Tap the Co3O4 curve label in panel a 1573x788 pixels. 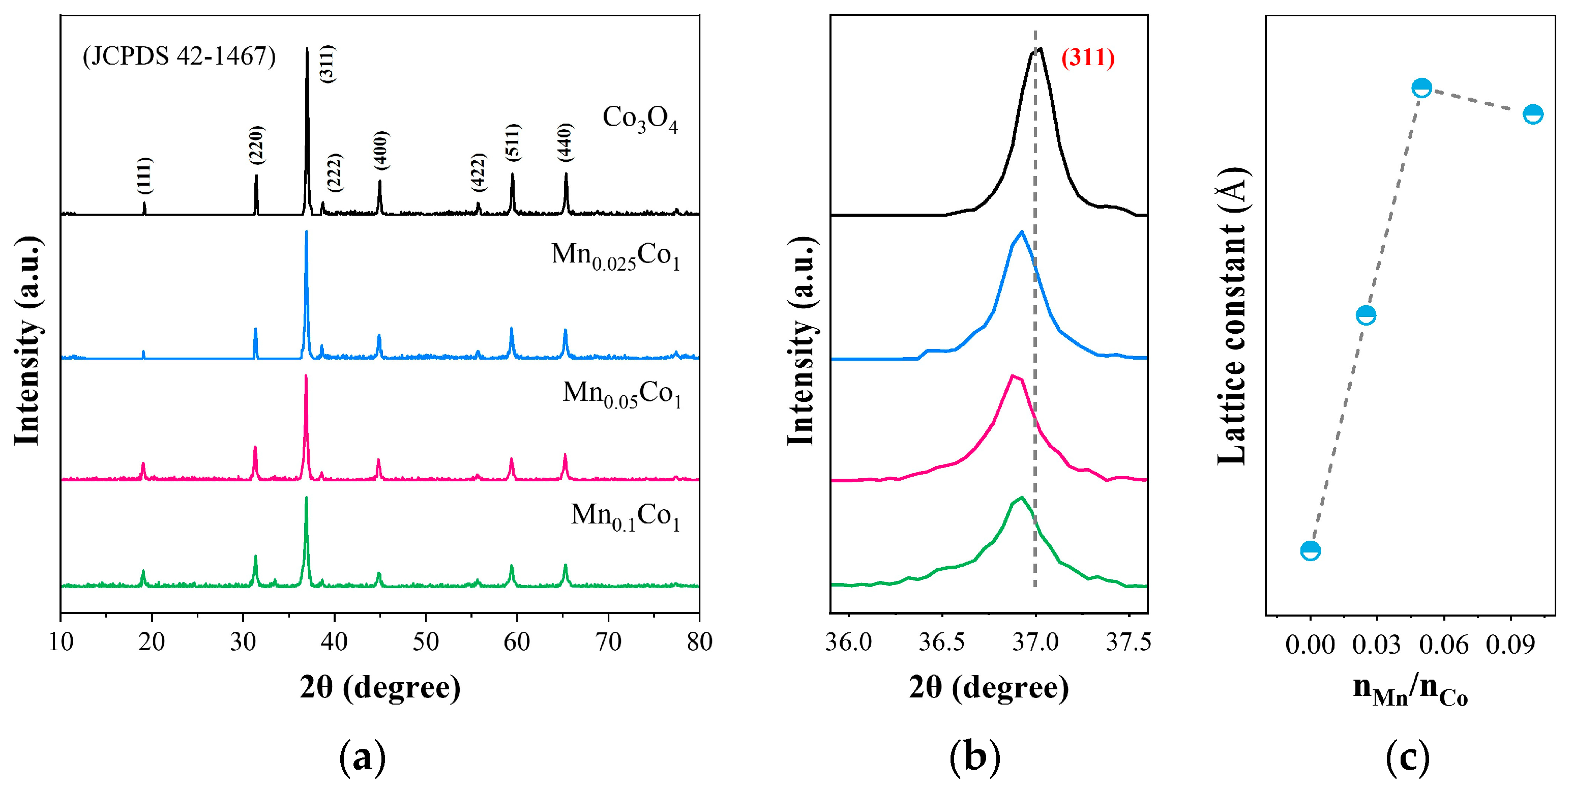[x=639, y=118]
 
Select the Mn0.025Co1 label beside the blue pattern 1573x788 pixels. [x=615, y=255]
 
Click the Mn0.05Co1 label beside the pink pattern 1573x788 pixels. [x=621, y=393]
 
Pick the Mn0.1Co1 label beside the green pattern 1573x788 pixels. [x=625, y=516]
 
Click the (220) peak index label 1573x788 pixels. [x=256, y=145]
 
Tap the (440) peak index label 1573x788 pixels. [x=566, y=142]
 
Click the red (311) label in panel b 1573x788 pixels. [x=1087, y=57]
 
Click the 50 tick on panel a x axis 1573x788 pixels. [x=426, y=642]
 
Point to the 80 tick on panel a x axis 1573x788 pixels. [x=699, y=642]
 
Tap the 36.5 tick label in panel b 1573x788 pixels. [x=941, y=642]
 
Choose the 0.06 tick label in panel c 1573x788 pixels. [x=1443, y=645]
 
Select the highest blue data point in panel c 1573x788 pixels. [x=1421, y=88]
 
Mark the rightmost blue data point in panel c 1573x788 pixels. [x=1533, y=113]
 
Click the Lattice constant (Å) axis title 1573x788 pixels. [x=1231, y=315]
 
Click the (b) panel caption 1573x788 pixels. [x=974, y=757]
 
